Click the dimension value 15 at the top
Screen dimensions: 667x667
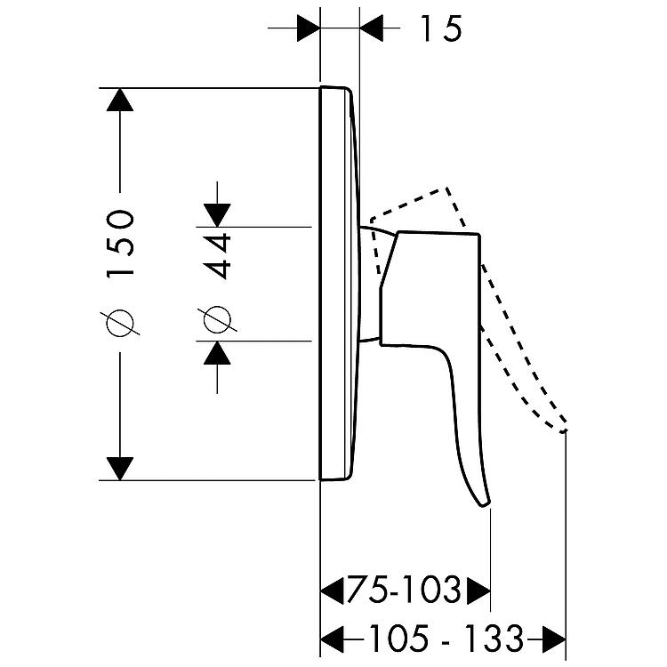coord(441,28)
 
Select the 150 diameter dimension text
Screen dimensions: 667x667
coord(120,244)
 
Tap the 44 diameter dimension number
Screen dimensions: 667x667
coord(217,256)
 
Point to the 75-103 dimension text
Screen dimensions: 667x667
coord(404,590)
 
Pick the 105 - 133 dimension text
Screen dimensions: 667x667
coord(446,639)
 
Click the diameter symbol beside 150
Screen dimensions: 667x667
coord(120,323)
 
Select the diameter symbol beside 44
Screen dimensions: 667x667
coord(217,318)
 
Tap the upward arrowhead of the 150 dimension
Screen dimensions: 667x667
coord(120,100)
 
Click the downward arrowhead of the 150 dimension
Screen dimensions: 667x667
coord(120,469)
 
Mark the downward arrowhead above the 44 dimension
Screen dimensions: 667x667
coord(217,215)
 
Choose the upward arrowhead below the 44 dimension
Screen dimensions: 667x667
coord(217,353)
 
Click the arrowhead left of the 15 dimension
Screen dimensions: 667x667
coord(309,28)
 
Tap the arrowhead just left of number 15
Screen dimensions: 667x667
coord(372,28)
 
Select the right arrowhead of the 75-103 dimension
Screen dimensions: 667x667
coord(479,591)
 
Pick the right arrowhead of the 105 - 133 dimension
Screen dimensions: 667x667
coord(554,639)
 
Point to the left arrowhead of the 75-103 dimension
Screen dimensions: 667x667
coord(332,591)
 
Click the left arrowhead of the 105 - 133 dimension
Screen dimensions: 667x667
coord(332,639)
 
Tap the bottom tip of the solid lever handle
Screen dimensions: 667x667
coord(484,506)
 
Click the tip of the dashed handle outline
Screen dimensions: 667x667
coord(564,431)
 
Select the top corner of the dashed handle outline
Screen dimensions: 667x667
coord(446,188)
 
